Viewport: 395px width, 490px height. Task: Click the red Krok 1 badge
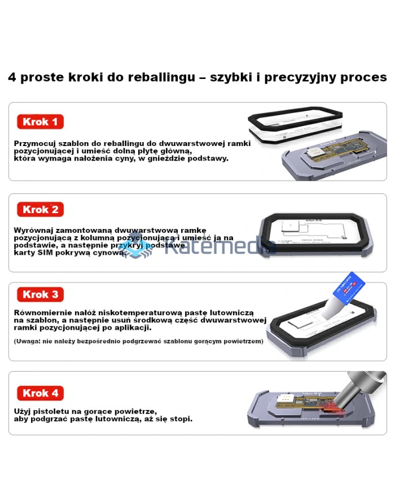(39, 122)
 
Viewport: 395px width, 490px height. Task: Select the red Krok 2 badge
(39, 210)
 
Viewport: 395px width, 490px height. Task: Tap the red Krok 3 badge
(39, 294)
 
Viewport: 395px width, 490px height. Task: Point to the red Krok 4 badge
(39, 393)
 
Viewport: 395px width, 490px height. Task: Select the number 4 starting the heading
(12, 77)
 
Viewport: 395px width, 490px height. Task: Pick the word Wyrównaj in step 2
(33, 230)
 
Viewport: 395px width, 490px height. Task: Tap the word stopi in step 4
(180, 419)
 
